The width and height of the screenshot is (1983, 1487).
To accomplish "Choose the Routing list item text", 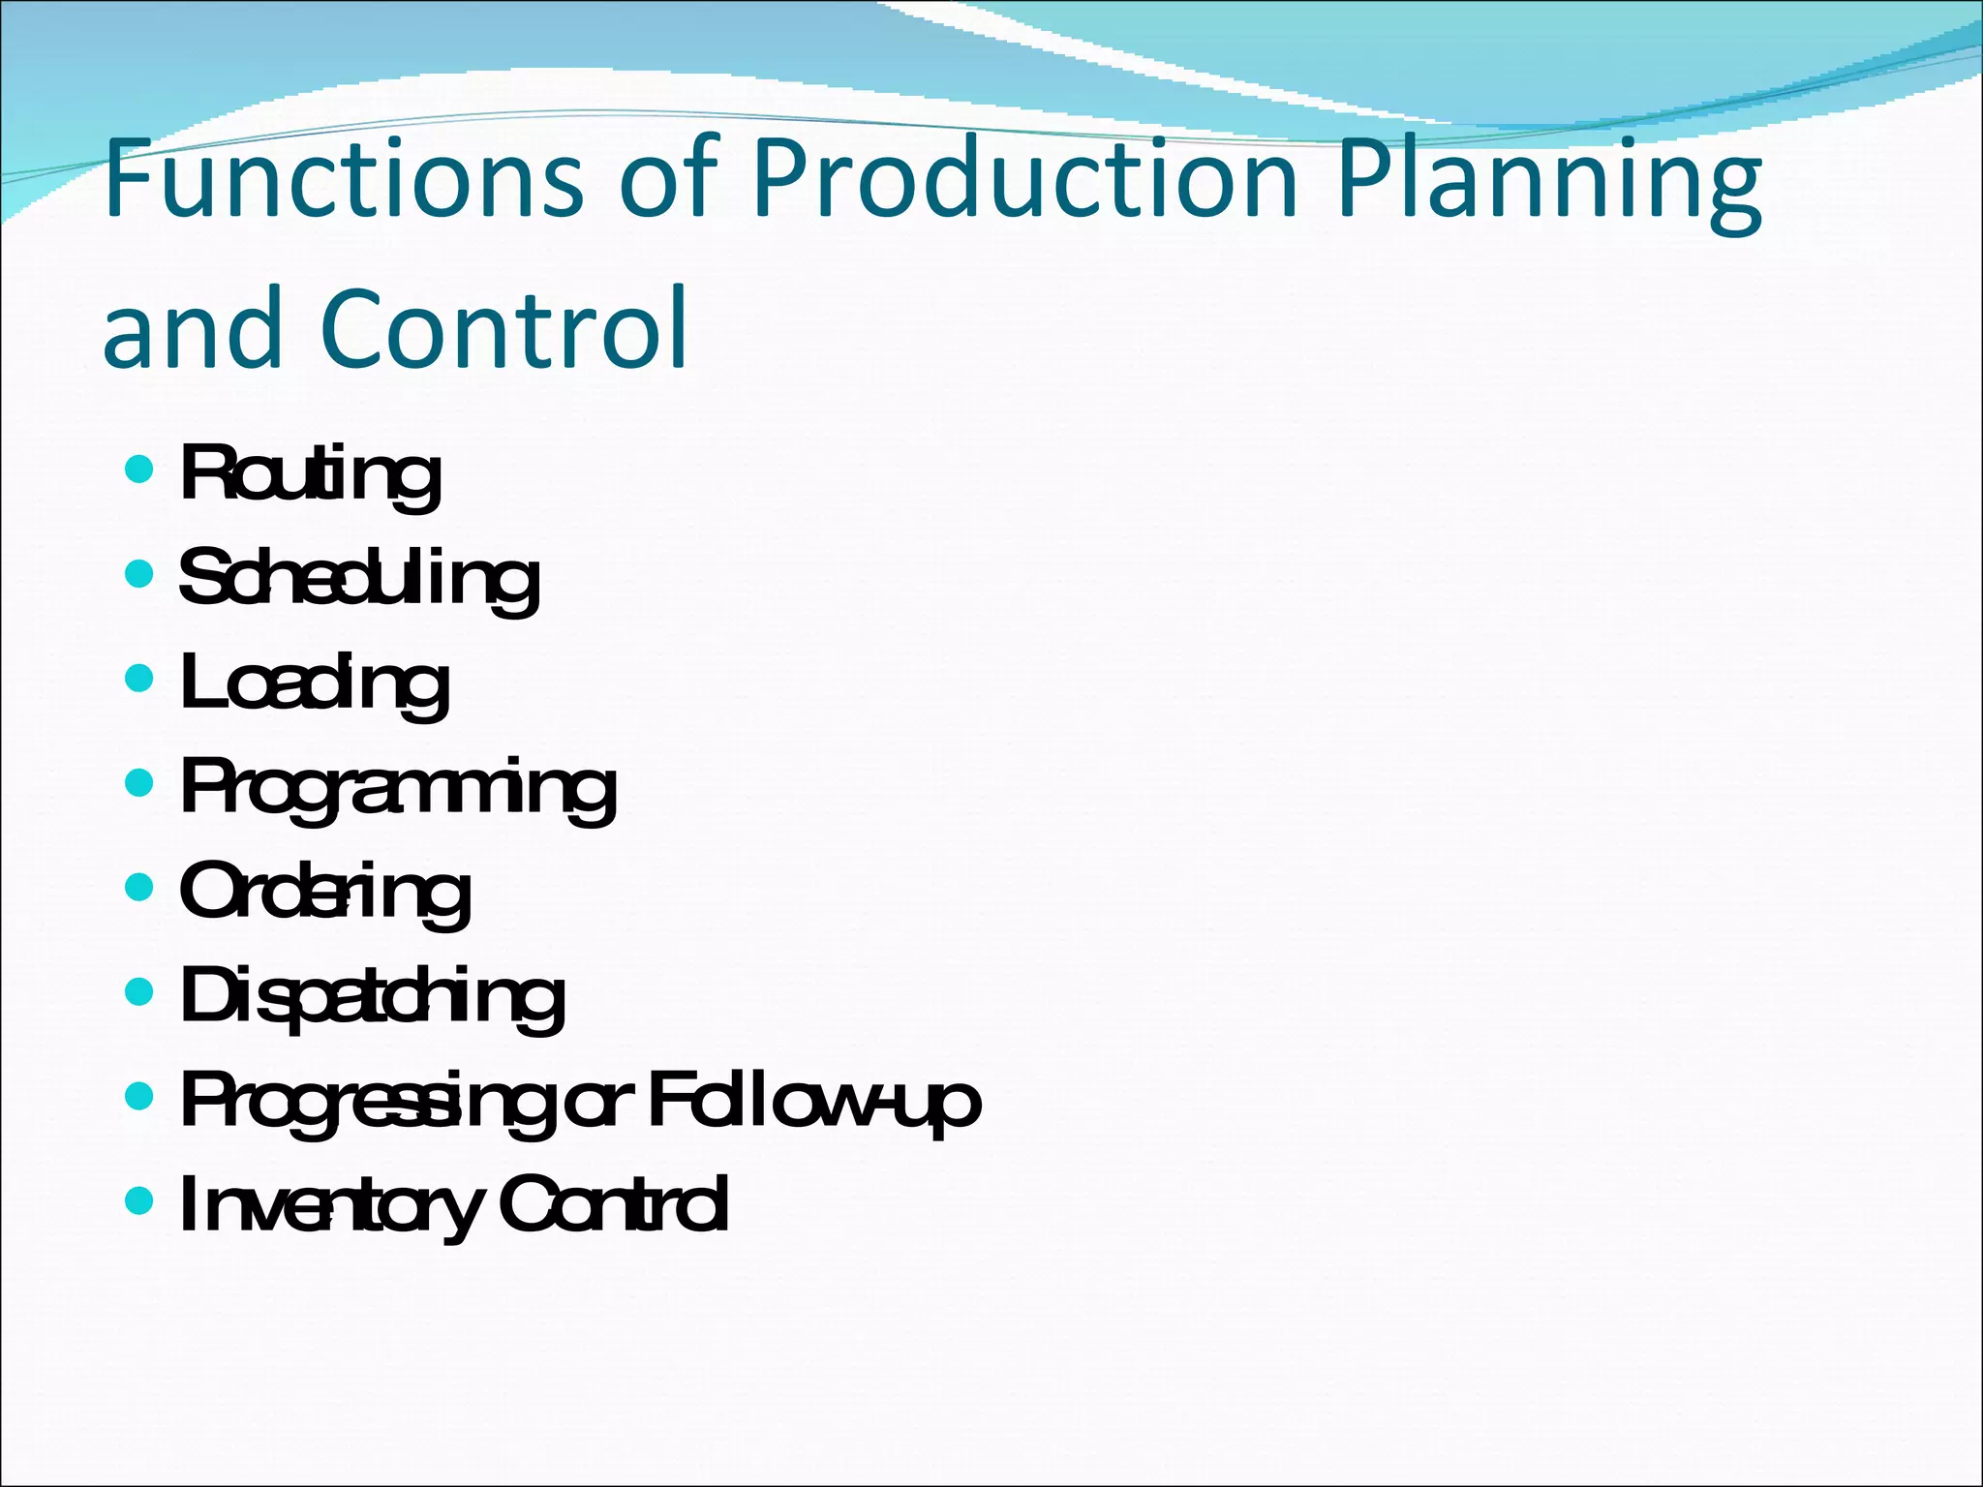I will pyautogui.click(x=311, y=475).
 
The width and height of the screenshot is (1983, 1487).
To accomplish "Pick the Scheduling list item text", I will pyautogui.click(x=359, y=579).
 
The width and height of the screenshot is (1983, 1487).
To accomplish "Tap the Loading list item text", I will pyautogui.click(x=315, y=683).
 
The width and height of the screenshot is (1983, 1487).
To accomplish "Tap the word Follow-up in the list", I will pyautogui.click(x=813, y=1100).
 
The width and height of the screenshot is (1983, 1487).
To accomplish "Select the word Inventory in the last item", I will pyautogui.click(x=330, y=1205).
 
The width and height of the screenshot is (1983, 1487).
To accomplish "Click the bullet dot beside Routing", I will pyautogui.click(x=140, y=470).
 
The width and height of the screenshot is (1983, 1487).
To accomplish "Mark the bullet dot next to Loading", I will pyautogui.click(x=140, y=679).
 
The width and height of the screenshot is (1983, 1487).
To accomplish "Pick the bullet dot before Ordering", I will pyautogui.click(x=140, y=887).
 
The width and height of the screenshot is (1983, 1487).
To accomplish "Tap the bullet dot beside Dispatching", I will pyautogui.click(x=140, y=991).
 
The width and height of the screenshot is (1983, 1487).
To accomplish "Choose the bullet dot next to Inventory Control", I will pyautogui.click(x=140, y=1200).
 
